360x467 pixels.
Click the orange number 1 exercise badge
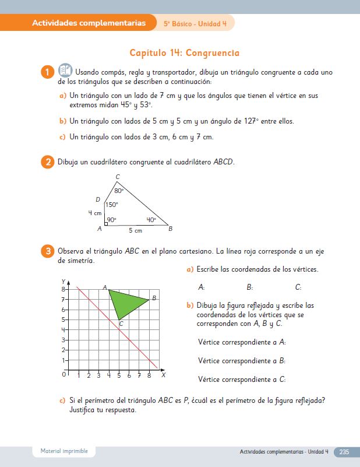(x=47, y=72)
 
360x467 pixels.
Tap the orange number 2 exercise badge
(x=47, y=161)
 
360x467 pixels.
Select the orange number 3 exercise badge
(x=47, y=251)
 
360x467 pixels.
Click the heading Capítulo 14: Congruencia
(x=184, y=53)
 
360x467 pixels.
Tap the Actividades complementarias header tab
(x=89, y=23)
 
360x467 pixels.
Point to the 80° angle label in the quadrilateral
(x=119, y=191)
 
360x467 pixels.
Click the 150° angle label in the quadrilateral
(x=111, y=205)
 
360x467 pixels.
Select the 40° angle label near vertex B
(x=151, y=220)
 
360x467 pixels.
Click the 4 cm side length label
(x=94, y=213)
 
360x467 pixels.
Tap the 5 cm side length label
(x=135, y=231)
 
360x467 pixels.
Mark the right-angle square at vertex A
(x=106, y=223)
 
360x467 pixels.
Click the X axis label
(x=163, y=375)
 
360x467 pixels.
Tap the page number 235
(x=344, y=452)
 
